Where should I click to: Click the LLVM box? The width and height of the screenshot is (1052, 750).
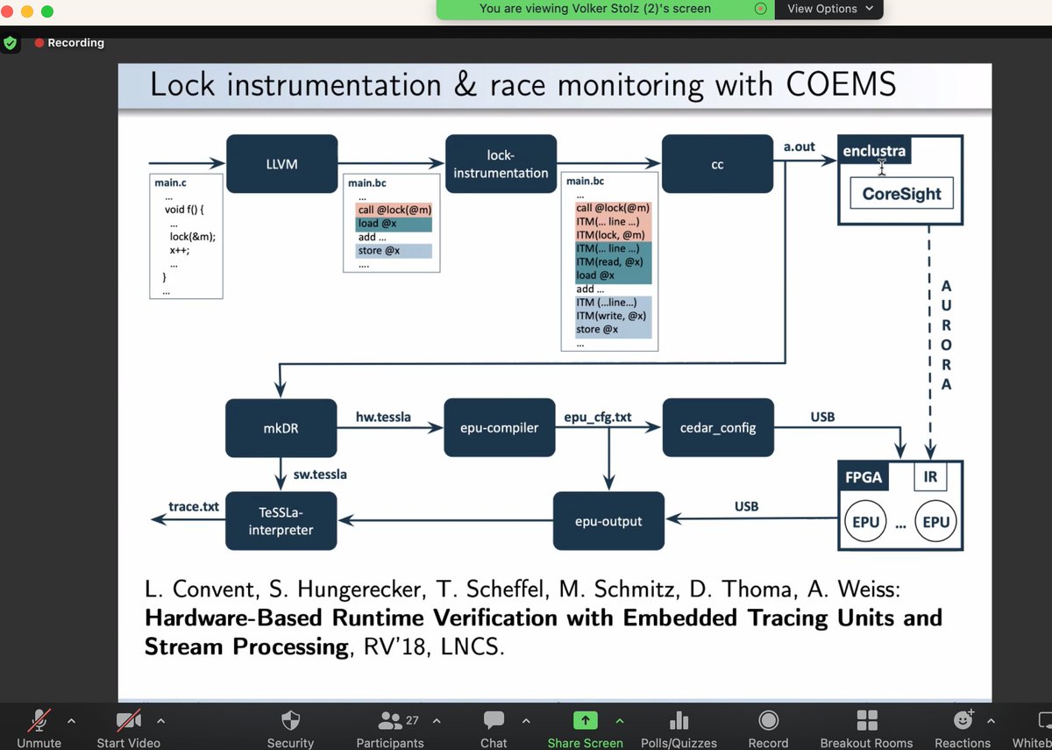point(281,163)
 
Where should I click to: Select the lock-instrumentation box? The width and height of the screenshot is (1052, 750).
point(501,163)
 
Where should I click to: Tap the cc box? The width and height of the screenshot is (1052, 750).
point(717,164)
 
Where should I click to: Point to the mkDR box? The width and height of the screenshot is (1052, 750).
point(281,428)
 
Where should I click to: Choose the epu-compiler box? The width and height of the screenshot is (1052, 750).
point(501,428)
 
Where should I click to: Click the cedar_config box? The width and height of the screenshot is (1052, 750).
point(718,428)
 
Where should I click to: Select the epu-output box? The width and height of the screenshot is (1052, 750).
point(608,521)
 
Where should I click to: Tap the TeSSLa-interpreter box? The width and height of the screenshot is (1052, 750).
point(281,521)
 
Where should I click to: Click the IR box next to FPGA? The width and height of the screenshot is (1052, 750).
point(930,478)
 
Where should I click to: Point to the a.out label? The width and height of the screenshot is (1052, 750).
point(799,147)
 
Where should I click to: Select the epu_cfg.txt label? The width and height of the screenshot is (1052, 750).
point(598,417)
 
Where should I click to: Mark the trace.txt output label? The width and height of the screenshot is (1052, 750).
point(194,507)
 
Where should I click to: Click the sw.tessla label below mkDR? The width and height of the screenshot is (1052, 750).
point(320,474)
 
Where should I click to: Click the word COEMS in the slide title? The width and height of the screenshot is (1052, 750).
point(835,85)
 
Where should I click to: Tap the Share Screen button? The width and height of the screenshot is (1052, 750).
point(585,728)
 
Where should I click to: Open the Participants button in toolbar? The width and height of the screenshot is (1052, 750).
point(389,728)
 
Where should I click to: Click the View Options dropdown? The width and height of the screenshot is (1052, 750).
point(829,9)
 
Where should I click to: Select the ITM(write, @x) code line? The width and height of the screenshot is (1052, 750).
point(611,316)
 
